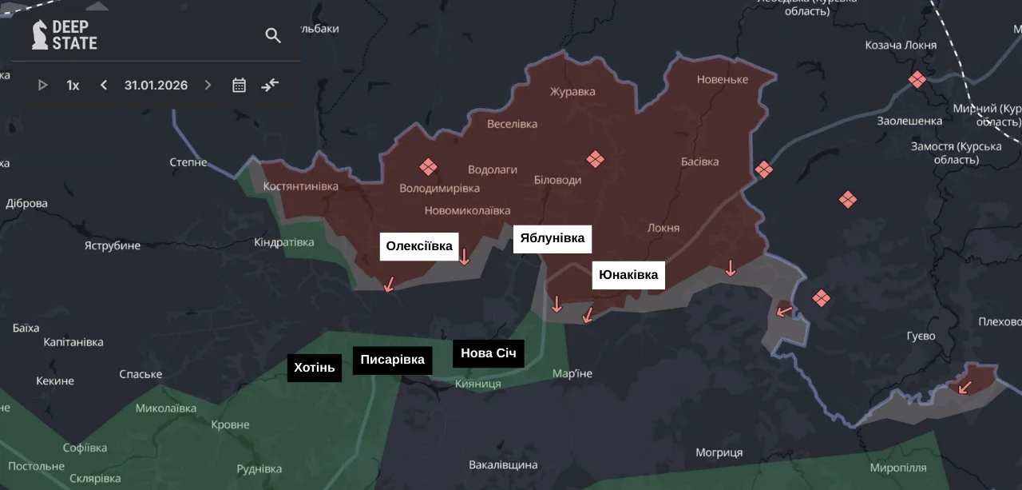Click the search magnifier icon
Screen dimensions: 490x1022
[273, 36]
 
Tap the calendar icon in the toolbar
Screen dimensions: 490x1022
[239, 85]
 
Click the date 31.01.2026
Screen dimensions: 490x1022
[156, 85]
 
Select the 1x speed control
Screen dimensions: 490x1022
[73, 85]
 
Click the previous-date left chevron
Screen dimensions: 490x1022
[104, 85]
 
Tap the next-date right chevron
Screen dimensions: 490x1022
[208, 85]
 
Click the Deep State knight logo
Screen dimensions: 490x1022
[40, 35]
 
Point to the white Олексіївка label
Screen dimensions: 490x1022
[419, 246]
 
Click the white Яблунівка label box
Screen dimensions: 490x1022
[552, 238]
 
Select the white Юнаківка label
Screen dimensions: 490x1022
[628, 275]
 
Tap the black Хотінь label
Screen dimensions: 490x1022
[315, 368]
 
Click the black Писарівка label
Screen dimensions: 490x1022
[392, 360]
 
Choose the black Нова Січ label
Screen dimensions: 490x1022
[488, 353]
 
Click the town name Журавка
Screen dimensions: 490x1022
[572, 91]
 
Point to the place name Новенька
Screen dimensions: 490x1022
[722, 79]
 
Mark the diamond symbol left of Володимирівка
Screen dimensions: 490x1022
[429, 167]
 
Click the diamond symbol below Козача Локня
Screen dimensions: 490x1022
[917, 79]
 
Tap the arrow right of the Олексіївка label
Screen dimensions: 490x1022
[464, 257]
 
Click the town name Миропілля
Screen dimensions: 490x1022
[898, 467]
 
